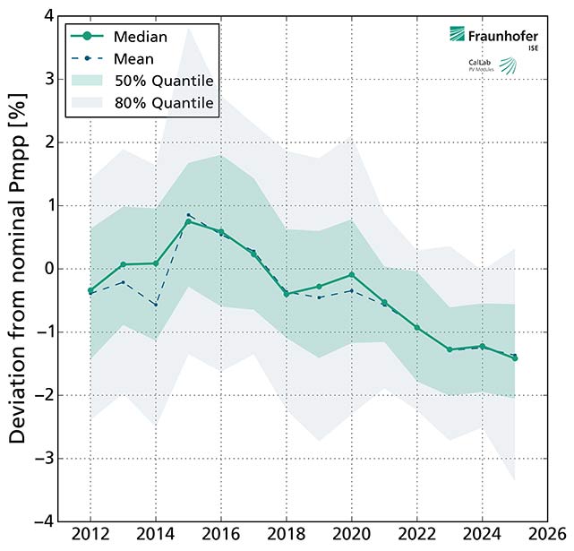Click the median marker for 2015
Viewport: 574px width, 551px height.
tap(188, 221)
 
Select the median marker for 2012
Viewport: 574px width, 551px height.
tap(91, 290)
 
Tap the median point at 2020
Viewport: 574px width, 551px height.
tap(351, 275)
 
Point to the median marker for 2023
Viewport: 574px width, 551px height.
tap(449, 349)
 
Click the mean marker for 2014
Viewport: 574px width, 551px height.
tap(156, 305)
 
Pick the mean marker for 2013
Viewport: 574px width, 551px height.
tap(124, 282)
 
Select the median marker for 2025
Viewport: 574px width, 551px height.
tap(514, 357)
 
